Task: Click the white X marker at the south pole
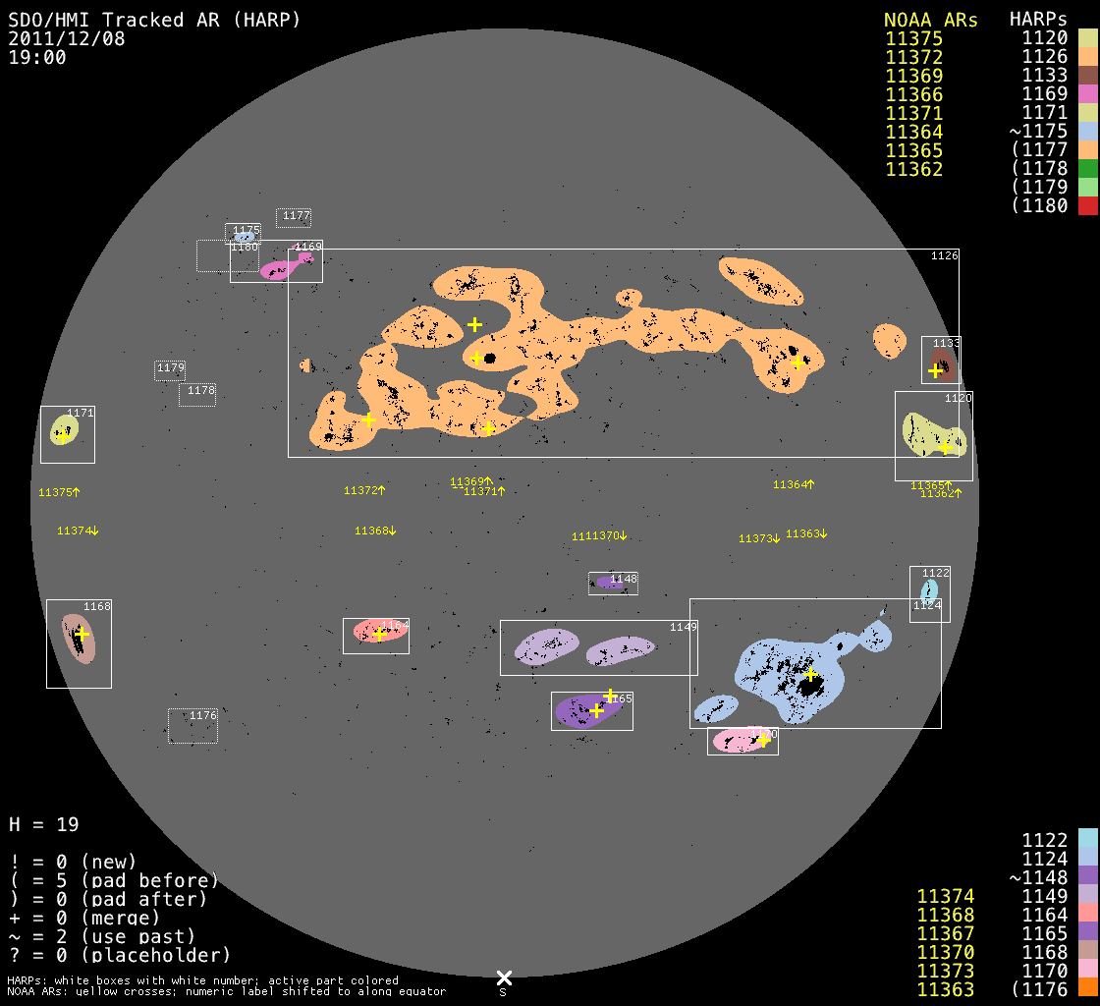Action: (504, 978)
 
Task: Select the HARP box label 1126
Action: (944, 256)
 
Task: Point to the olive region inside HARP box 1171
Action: (64, 430)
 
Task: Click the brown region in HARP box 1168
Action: (78, 639)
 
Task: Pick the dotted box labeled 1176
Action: (192, 726)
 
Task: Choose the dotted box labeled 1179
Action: (170, 370)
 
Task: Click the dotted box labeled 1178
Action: (197, 394)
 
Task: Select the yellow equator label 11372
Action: (364, 490)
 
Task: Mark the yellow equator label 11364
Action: (794, 484)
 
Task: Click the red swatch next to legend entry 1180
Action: (1087, 206)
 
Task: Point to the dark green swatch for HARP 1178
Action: (1087, 169)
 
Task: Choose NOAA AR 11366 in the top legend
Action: (914, 94)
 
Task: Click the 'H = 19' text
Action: (44, 824)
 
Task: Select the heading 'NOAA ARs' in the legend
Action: (930, 20)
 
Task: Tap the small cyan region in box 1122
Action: (928, 589)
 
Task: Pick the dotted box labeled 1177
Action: (294, 217)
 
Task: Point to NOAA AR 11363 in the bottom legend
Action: (945, 989)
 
